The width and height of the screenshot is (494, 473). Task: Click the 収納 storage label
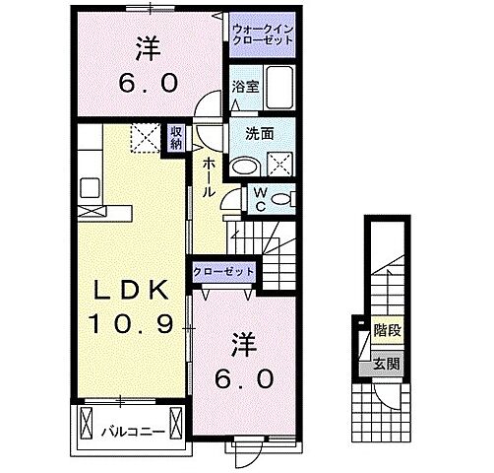[x=175, y=138]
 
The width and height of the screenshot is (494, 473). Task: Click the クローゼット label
[x=225, y=271]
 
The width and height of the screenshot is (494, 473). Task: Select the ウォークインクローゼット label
[x=261, y=36]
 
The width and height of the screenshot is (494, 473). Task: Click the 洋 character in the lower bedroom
[x=245, y=346]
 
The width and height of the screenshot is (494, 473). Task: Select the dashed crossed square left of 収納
[x=147, y=136]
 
